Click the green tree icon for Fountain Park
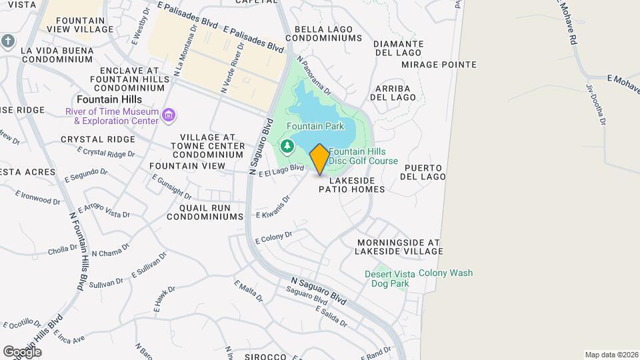pyautogui.click(x=287, y=145)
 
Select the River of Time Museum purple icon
pyautogui.click(x=169, y=116)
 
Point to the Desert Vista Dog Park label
pyautogui.click(x=387, y=279)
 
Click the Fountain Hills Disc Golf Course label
pyautogui.click(x=363, y=156)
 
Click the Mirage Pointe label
pyautogui.click(x=439, y=65)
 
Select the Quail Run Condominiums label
pyautogui.click(x=205, y=212)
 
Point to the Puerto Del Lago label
pyautogui.click(x=423, y=172)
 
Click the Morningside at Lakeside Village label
pyautogui.click(x=399, y=247)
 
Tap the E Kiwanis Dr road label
pyautogui.click(x=277, y=210)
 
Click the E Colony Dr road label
pyautogui.click(x=274, y=238)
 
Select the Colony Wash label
pyautogui.click(x=445, y=273)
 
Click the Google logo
pyautogui.click(x=22, y=351)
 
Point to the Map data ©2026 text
pyautogui.click(x=611, y=355)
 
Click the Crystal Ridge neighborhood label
pyautogui.click(x=97, y=139)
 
